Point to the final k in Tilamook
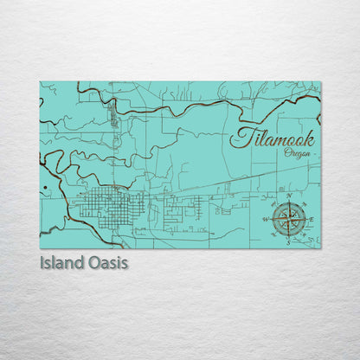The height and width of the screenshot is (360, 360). coord(307,136)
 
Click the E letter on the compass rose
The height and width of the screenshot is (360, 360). coord(311,219)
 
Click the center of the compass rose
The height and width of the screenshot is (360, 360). coord(288,220)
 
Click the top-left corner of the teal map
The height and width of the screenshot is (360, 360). coord(40,82)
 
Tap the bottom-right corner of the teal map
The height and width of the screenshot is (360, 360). coord(320,248)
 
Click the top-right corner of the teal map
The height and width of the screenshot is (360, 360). coord(320,82)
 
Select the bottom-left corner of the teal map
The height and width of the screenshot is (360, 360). coord(40,248)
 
